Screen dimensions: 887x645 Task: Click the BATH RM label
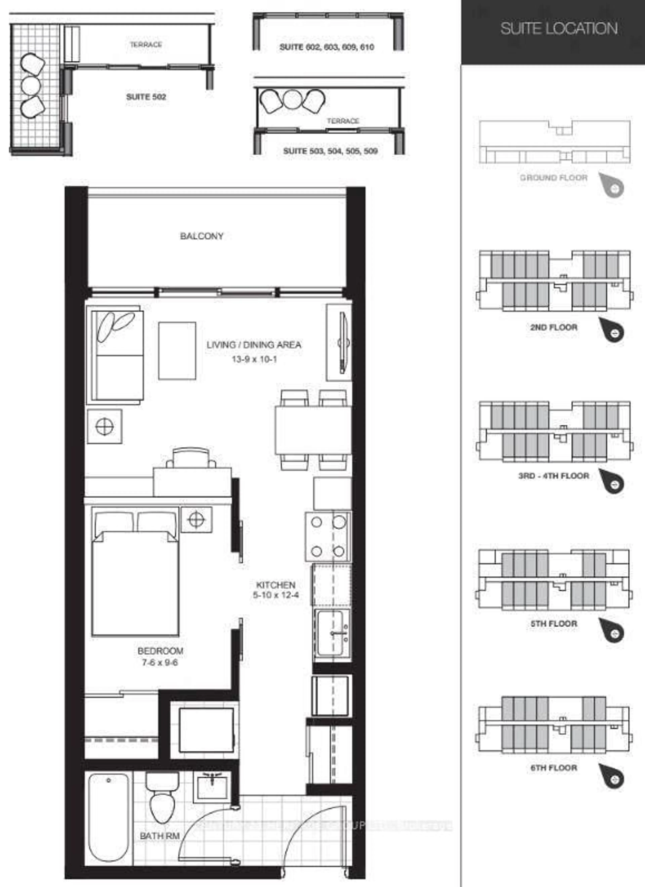[160, 836]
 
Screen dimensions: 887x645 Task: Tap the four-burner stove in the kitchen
[328, 537]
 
